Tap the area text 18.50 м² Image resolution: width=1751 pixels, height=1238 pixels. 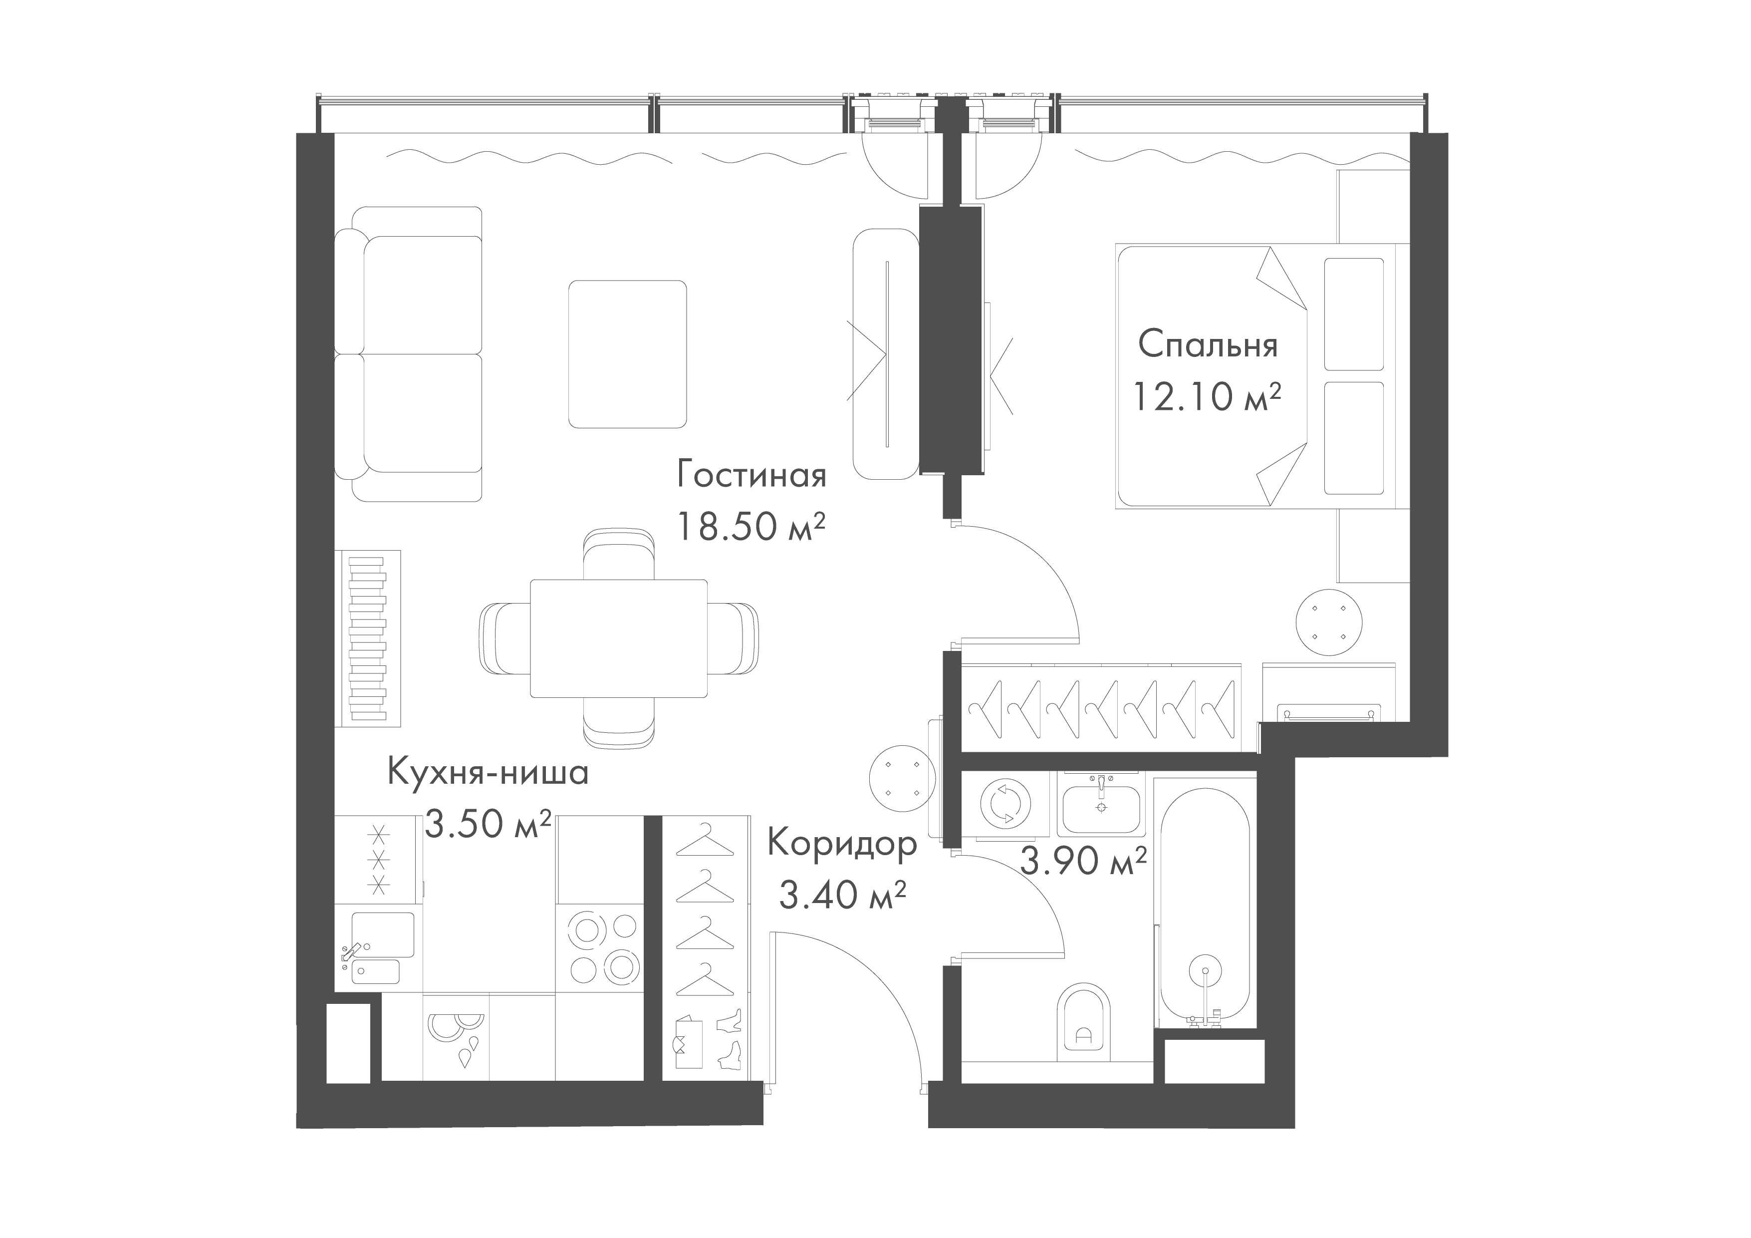click(x=751, y=526)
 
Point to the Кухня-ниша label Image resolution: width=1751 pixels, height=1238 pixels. click(x=488, y=773)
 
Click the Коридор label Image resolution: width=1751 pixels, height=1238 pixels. click(x=842, y=845)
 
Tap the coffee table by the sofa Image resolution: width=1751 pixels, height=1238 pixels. click(x=627, y=354)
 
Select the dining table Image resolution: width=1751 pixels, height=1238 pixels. click(x=618, y=637)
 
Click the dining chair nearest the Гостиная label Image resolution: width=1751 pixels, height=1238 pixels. click(x=618, y=553)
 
